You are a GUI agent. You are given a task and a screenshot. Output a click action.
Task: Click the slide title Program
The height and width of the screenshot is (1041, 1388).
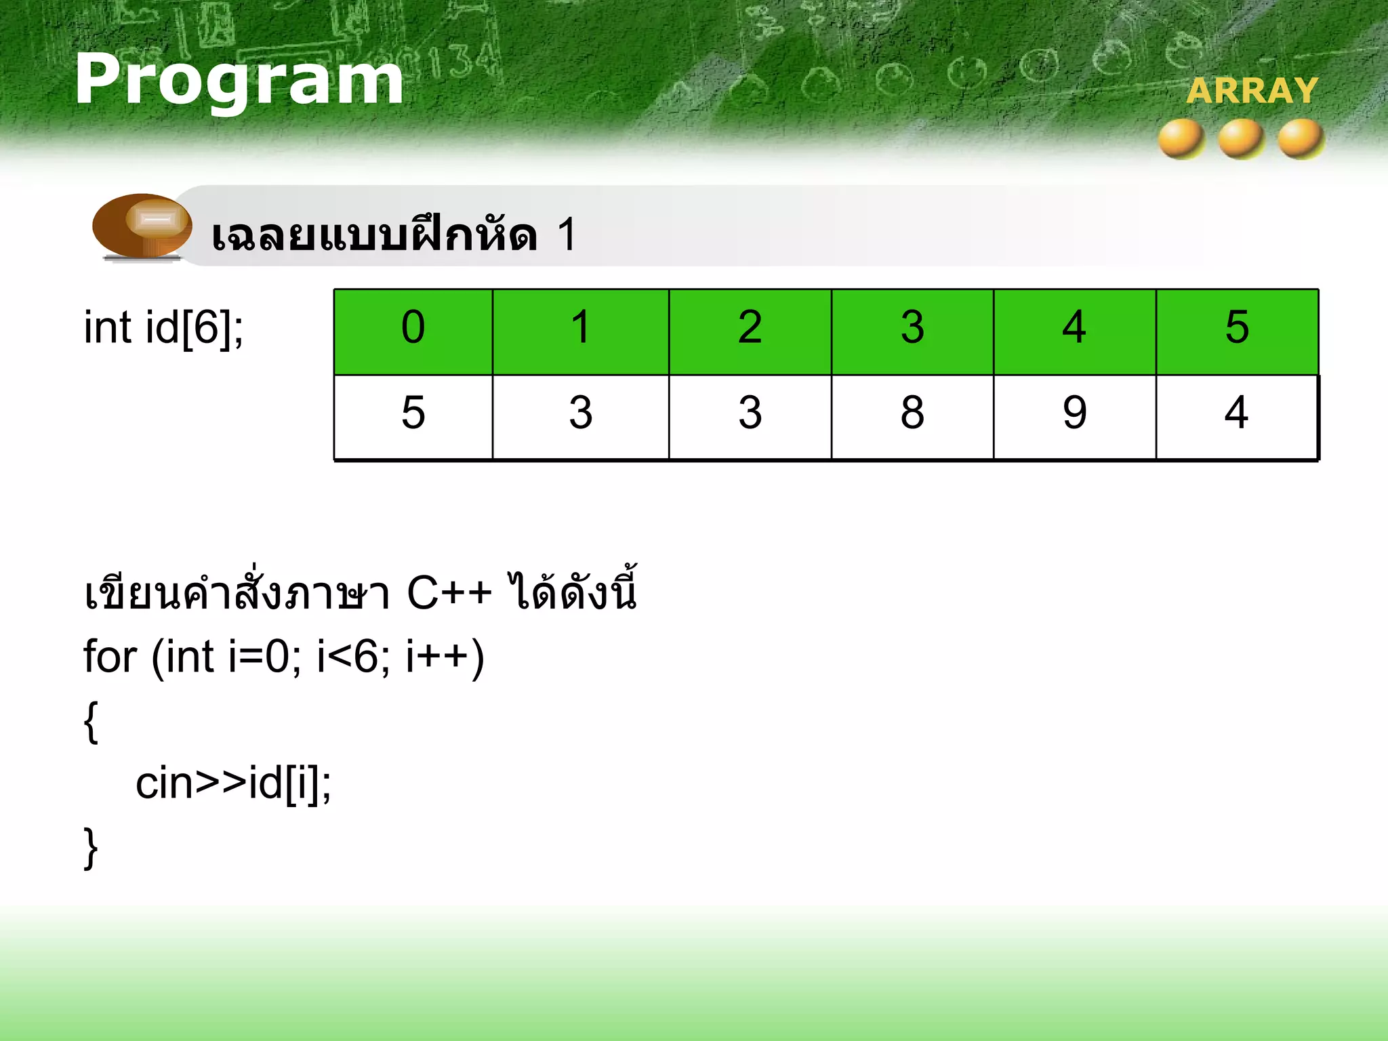coord(239,80)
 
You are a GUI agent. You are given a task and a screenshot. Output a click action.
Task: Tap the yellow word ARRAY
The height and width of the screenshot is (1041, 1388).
coord(1252,91)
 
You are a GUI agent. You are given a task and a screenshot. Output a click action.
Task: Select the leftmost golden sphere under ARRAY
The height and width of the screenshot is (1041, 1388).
coord(1181,138)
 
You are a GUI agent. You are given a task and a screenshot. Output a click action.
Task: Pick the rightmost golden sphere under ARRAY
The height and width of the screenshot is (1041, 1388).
coord(1301,138)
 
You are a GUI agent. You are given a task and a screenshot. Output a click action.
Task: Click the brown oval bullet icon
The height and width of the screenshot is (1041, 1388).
coord(142,225)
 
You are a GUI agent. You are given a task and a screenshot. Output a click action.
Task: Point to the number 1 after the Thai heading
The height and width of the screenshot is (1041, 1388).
coord(567,235)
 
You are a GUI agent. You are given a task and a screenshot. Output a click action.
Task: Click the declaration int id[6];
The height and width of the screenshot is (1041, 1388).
coord(163,327)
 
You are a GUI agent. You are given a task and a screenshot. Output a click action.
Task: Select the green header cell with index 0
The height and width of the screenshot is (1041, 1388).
coord(413,331)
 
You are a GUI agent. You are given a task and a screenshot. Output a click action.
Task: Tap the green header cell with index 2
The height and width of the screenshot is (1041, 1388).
coord(750,331)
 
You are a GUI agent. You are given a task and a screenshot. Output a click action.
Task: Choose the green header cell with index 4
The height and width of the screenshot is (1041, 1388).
coord(1074,331)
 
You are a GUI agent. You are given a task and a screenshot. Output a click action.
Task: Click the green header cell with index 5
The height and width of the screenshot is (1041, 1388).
coord(1237,331)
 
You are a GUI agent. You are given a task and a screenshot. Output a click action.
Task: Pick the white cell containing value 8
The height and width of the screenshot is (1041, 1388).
coord(912,416)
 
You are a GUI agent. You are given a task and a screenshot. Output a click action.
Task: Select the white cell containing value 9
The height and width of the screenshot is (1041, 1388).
coord(1074,416)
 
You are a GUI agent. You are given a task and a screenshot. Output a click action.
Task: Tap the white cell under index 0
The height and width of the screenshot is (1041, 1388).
coord(413,416)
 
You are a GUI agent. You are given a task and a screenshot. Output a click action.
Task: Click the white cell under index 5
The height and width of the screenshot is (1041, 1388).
coord(1237,416)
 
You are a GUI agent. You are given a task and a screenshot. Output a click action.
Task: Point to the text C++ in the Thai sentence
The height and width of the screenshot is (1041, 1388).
coord(449,594)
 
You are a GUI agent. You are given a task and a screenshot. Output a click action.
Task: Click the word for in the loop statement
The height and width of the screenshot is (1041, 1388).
coord(110,657)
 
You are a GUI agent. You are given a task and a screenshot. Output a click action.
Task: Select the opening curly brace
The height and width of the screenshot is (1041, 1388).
coord(91,722)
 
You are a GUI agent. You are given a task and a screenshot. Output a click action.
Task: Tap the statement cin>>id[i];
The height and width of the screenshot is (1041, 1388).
coord(233,783)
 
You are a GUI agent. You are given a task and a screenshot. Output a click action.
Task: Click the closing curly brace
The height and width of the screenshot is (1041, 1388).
coord(91,848)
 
